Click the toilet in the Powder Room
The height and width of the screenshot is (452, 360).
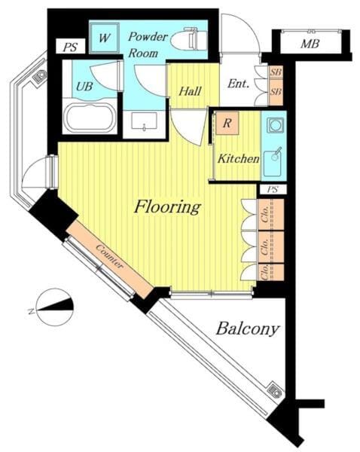coord(189,39)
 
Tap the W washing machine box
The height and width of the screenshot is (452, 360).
coord(105,38)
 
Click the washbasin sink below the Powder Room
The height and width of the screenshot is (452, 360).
coord(144,121)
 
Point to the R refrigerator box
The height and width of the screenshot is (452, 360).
coord(227,123)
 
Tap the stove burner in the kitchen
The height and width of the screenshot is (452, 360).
coord(275,125)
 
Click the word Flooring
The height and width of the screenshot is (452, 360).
coord(167,206)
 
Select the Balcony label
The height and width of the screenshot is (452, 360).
coord(248,329)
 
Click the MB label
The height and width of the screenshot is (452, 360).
coord(310,44)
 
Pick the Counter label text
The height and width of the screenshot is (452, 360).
coord(109,257)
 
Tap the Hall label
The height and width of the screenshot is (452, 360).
coord(190,91)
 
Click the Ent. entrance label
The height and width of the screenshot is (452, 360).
coord(238,84)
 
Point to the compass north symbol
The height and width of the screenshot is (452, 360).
coord(54,307)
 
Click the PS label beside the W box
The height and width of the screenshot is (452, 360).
coord(70,47)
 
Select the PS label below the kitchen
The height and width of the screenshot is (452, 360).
coord(273,189)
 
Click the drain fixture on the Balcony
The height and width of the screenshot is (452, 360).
coord(274,390)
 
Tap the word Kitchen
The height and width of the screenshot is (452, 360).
coord(238,158)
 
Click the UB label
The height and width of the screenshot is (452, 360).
coord(84,86)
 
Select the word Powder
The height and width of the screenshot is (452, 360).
coord(148,37)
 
